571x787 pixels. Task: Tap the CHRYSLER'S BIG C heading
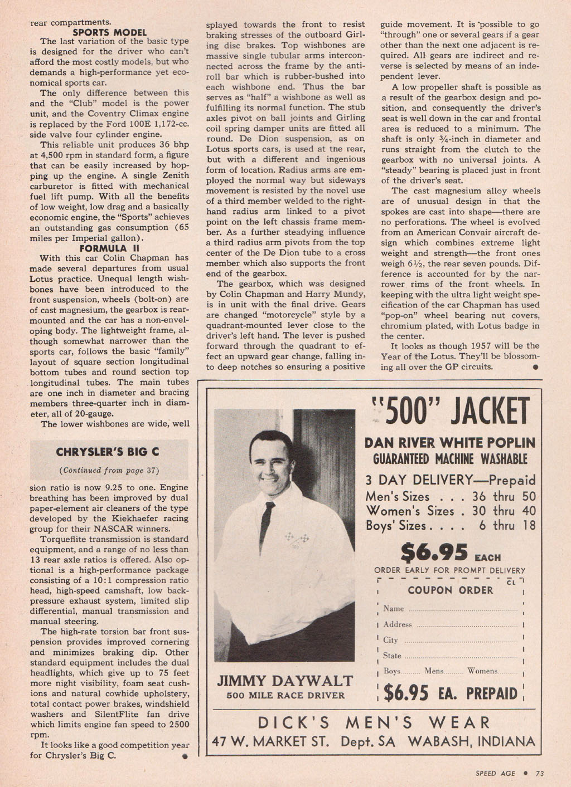(x=108, y=452)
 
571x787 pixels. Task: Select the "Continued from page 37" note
(x=109, y=470)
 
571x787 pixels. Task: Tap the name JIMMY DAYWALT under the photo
(x=285, y=681)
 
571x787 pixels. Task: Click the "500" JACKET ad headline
(x=449, y=412)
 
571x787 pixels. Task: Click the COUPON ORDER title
(x=451, y=590)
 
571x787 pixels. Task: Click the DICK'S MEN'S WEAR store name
(x=374, y=723)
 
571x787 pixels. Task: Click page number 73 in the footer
(x=539, y=773)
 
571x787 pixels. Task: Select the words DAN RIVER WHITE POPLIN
(x=449, y=443)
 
